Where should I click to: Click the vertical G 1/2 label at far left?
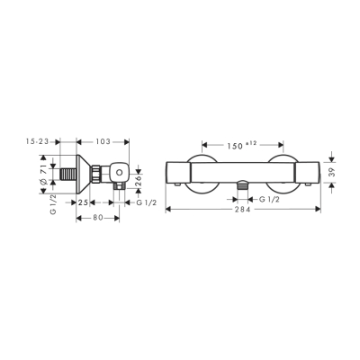click(41, 201)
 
